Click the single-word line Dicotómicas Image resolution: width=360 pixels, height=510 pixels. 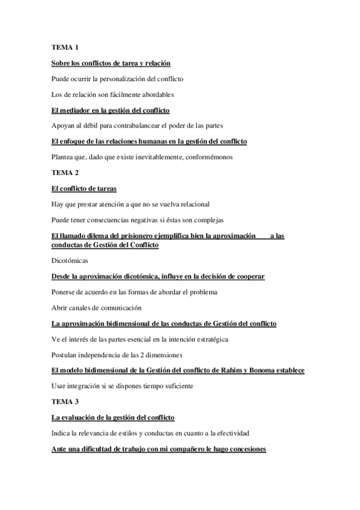[70, 260]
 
